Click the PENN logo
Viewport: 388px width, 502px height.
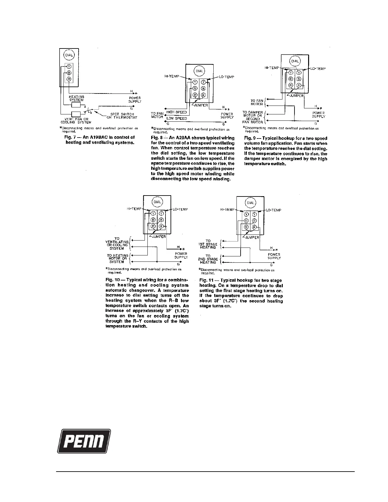(x=84, y=441)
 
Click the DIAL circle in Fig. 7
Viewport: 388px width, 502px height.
(x=69, y=55)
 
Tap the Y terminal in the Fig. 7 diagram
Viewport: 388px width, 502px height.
(x=69, y=67)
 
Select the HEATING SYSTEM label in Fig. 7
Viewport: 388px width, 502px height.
(x=76, y=98)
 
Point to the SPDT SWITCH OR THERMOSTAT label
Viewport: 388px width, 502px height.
(x=122, y=116)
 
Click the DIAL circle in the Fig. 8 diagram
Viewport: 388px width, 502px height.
(x=199, y=71)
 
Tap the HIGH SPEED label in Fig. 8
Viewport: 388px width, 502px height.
(x=177, y=112)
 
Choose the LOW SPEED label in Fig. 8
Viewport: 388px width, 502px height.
(x=177, y=118)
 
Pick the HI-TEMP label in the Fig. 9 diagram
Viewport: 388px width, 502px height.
(x=272, y=68)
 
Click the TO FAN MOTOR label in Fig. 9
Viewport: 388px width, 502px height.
(x=257, y=102)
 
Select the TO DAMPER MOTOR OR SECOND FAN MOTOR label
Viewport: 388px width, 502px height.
(x=253, y=117)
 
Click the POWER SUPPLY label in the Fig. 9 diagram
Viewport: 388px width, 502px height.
(x=318, y=115)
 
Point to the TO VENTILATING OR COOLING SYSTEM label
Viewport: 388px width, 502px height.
(x=117, y=243)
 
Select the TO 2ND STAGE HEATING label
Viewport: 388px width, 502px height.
(x=208, y=259)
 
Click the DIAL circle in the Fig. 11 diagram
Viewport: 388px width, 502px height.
(x=250, y=203)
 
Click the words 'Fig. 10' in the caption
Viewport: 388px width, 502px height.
(x=111, y=280)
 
